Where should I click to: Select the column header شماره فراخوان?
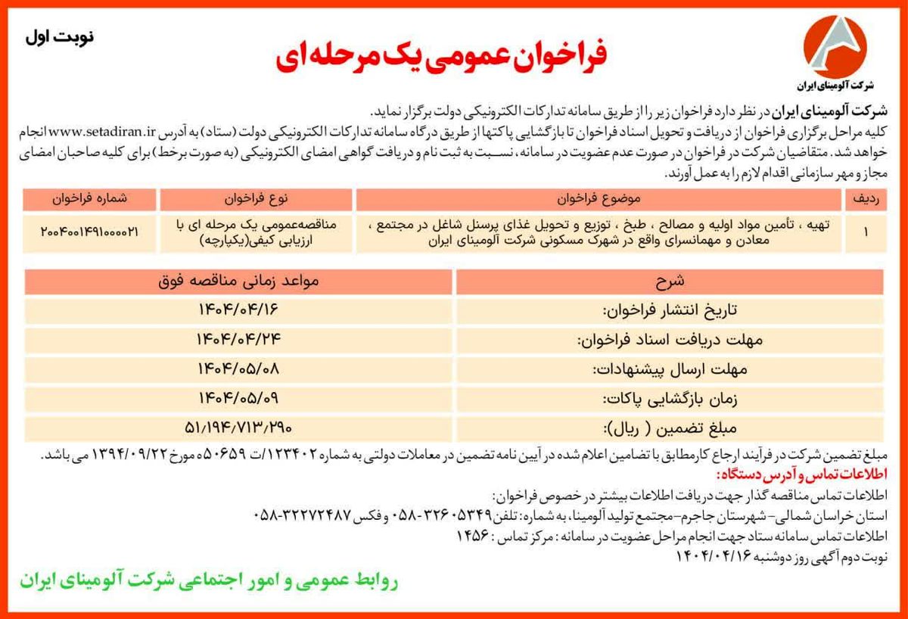(90, 199)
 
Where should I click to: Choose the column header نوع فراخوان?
(255, 199)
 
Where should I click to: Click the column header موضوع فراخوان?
(598, 199)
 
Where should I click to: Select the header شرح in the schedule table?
(668, 281)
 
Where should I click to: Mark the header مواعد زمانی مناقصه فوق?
(239, 281)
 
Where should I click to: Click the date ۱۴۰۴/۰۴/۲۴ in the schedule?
(239, 339)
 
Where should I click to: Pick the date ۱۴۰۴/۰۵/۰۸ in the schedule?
(239, 369)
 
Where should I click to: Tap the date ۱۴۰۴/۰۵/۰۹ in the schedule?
(239, 398)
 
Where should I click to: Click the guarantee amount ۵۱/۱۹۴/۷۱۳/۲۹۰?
(239, 428)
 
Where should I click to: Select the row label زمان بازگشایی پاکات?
(668, 399)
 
